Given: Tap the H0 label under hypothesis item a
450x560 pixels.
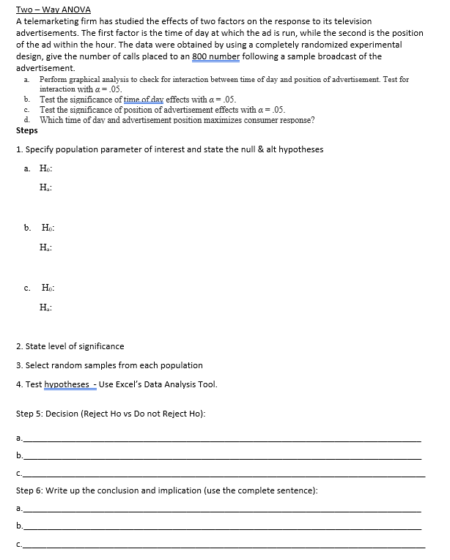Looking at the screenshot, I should point(45,170).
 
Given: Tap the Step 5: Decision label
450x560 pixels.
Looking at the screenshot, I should point(48,414).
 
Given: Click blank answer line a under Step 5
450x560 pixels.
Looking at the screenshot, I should point(220,440).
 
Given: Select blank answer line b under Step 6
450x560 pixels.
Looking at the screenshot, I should point(220,527).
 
